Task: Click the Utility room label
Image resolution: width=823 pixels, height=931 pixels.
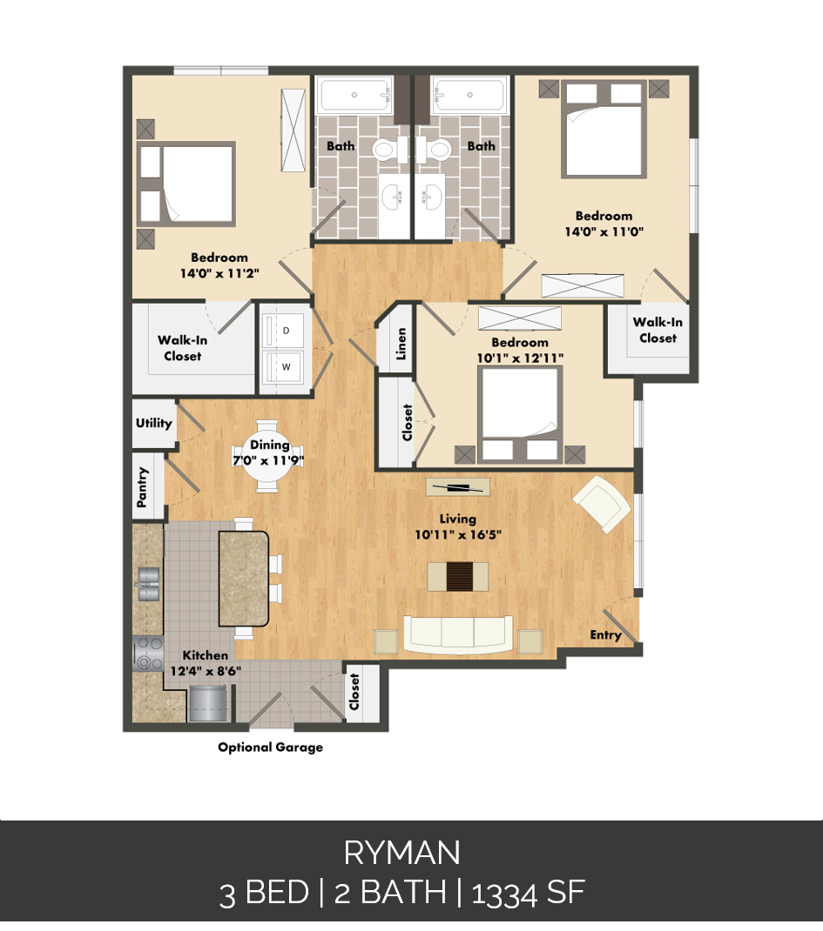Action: (153, 424)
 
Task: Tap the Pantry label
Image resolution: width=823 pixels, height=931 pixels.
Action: (144, 487)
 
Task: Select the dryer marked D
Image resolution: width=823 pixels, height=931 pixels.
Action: (286, 331)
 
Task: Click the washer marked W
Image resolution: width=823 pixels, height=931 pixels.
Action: (286, 367)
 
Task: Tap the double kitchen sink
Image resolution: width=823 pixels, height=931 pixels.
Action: (148, 584)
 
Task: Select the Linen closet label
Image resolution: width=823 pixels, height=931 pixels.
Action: (401, 345)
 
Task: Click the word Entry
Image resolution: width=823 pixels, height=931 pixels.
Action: (605, 635)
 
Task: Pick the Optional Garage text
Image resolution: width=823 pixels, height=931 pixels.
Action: (270, 747)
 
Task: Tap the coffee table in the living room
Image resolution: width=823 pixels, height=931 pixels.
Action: (457, 575)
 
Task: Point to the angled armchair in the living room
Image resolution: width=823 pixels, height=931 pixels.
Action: (600, 504)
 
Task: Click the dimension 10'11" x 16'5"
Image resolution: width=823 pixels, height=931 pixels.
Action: (457, 535)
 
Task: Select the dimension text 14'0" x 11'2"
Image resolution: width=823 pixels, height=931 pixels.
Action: (219, 272)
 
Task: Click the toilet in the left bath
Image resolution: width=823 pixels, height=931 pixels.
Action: (384, 149)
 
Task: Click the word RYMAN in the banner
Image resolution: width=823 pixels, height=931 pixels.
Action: (401, 854)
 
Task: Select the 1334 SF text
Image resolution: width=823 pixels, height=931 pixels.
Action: (528, 894)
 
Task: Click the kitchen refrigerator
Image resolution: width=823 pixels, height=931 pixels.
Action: (207, 702)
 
